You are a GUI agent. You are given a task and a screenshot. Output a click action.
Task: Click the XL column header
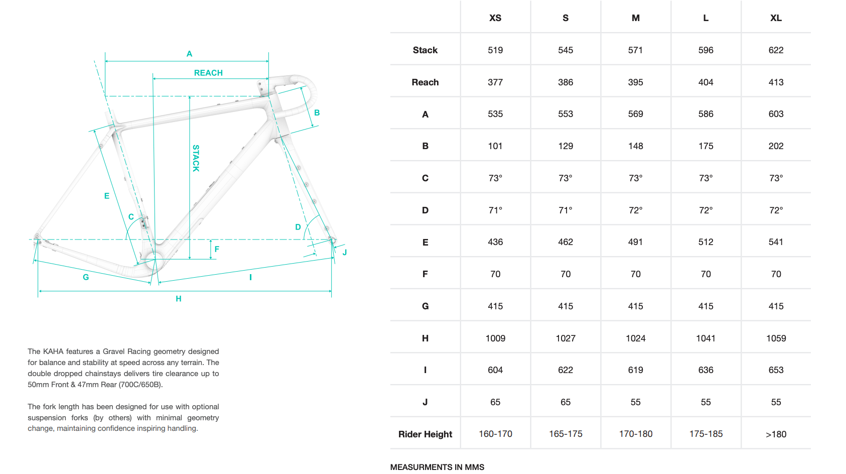pos(776,18)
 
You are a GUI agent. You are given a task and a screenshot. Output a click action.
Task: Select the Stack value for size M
pos(635,50)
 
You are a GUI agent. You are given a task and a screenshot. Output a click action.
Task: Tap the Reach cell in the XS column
pos(495,82)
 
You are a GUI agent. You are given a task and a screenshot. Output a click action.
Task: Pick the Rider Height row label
pos(425,434)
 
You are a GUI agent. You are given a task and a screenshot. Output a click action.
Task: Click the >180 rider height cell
pos(776,434)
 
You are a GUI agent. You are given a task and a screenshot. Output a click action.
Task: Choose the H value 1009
pos(495,338)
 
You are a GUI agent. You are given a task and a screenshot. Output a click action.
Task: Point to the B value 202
pos(776,146)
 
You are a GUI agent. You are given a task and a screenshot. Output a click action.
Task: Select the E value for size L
pos(706,242)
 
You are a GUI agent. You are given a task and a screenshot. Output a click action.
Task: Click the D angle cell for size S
pos(566,210)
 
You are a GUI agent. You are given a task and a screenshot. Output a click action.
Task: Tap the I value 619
pos(635,370)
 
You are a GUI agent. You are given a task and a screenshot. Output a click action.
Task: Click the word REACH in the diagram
pos(208,73)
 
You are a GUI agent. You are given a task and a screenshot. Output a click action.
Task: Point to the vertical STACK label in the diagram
pos(196,158)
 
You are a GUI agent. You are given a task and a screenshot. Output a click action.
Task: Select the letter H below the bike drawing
pos(179,299)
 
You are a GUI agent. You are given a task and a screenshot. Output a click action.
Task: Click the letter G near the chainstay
pos(86,277)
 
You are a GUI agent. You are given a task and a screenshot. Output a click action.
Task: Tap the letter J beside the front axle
pos(345,252)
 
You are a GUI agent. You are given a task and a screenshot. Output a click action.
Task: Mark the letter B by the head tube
pos(317,113)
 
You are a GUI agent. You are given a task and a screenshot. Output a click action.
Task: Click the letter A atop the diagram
pos(189,54)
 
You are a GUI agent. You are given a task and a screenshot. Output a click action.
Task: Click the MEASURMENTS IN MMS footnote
pos(437,467)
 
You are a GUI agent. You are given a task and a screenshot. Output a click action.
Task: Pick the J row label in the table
pos(425,402)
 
